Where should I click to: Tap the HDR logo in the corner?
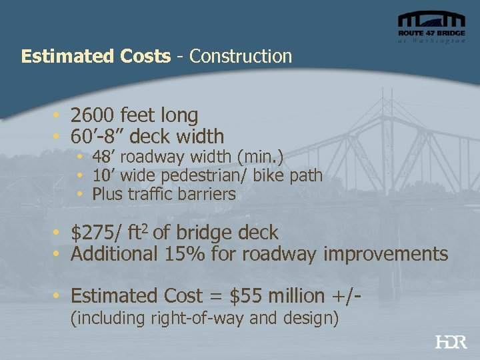point(451,343)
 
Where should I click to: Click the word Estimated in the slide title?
point(58,57)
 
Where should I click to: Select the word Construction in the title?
point(241,57)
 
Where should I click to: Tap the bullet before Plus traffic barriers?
point(79,195)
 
